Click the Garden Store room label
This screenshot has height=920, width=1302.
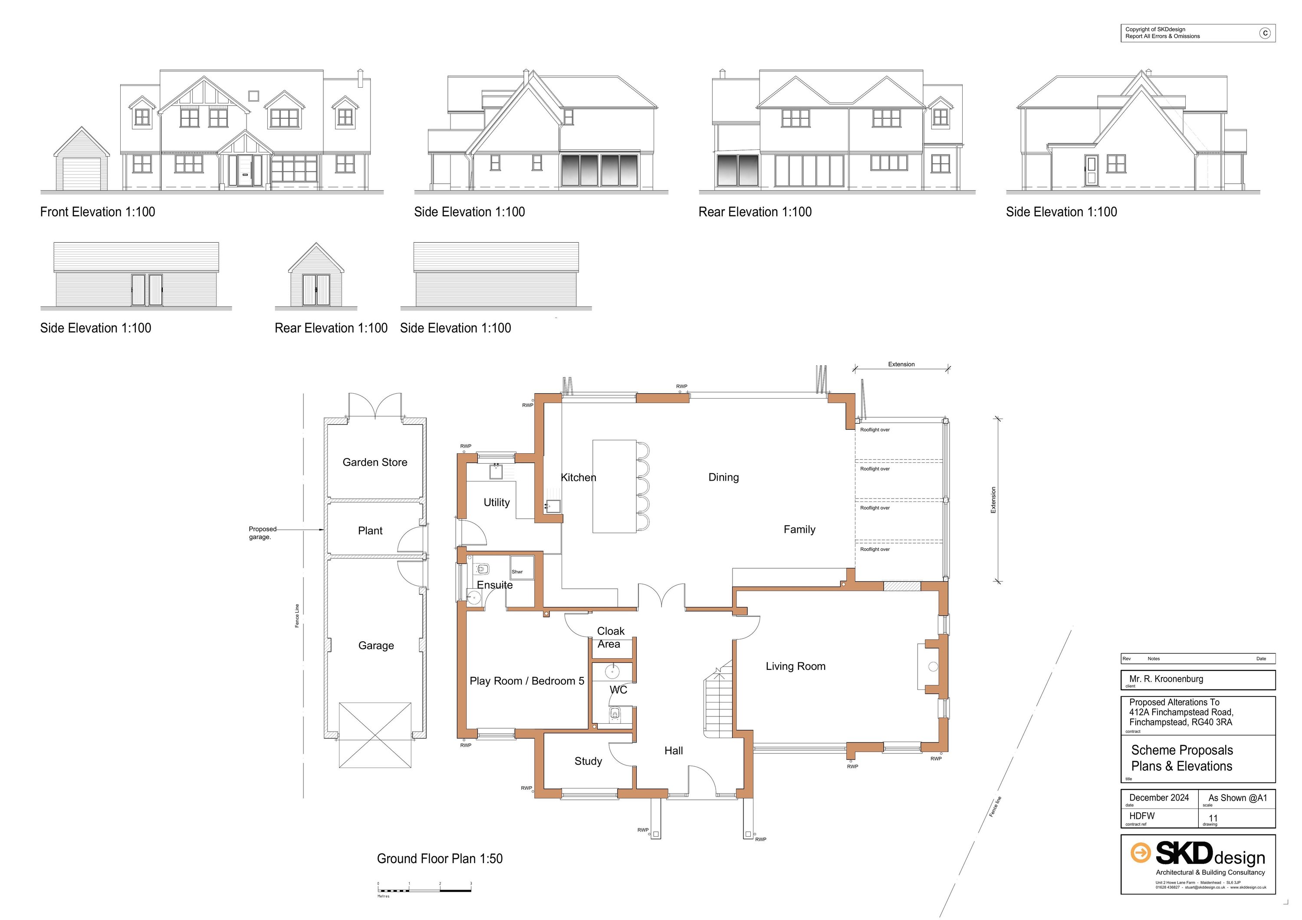coord(375,462)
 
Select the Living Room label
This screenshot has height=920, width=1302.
coord(795,666)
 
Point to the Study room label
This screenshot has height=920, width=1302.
coord(588,761)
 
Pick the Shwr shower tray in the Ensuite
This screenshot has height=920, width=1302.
coord(521,568)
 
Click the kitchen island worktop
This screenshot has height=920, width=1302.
coord(614,486)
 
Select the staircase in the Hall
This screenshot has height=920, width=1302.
coord(718,703)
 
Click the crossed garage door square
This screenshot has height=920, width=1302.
coord(375,735)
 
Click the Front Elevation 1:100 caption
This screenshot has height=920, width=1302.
coord(98,212)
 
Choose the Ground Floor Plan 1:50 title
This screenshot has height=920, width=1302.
coord(440,859)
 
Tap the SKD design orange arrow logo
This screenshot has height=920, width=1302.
coord(1141,853)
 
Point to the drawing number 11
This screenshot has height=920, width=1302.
coord(1213,818)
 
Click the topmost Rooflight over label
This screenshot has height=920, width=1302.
coord(875,430)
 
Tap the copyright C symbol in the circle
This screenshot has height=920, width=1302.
coord(1265,33)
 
